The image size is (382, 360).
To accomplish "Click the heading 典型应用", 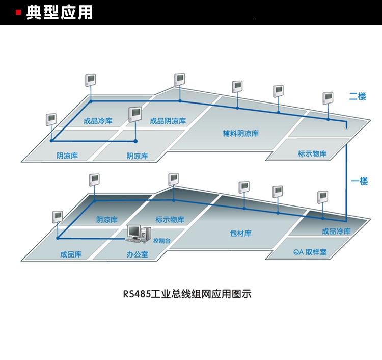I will click(x=60, y=12).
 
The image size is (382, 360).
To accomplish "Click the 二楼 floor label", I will click(x=358, y=96).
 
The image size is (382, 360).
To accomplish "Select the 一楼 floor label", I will click(x=360, y=181).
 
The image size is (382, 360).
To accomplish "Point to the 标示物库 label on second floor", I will click(x=312, y=153).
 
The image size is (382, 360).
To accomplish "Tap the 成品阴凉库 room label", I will click(x=168, y=121).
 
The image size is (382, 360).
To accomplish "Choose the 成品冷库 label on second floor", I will click(x=98, y=121).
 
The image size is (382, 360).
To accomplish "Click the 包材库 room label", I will click(x=240, y=233).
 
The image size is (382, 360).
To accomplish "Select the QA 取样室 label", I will click(x=310, y=252).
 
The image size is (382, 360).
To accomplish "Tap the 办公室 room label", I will click(x=137, y=254).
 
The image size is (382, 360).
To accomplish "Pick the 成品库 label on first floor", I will click(x=71, y=254).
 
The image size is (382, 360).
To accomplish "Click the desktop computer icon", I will click(x=135, y=234).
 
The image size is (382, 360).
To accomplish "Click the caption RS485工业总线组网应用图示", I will click(x=187, y=294).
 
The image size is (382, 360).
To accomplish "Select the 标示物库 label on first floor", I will click(x=170, y=220).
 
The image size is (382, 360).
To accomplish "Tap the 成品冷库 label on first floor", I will click(x=336, y=231).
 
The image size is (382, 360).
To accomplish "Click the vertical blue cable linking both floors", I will click(x=346, y=178).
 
